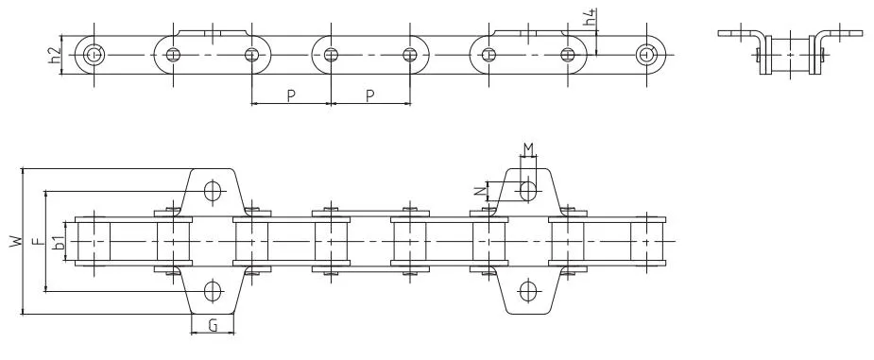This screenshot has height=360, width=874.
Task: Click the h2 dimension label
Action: click(x=54, y=55)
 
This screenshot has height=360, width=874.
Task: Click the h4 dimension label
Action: click(x=592, y=18)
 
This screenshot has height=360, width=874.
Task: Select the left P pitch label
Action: click(x=291, y=95)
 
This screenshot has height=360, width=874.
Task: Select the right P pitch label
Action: click(x=370, y=95)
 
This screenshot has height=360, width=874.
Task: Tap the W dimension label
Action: click(x=17, y=241)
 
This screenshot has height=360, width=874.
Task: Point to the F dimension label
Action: click(x=38, y=241)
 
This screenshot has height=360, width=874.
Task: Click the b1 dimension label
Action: click(x=58, y=241)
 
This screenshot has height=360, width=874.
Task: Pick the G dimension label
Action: click(x=213, y=325)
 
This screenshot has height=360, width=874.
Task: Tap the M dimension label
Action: click(x=528, y=148)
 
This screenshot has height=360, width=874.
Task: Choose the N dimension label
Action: click(x=479, y=191)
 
